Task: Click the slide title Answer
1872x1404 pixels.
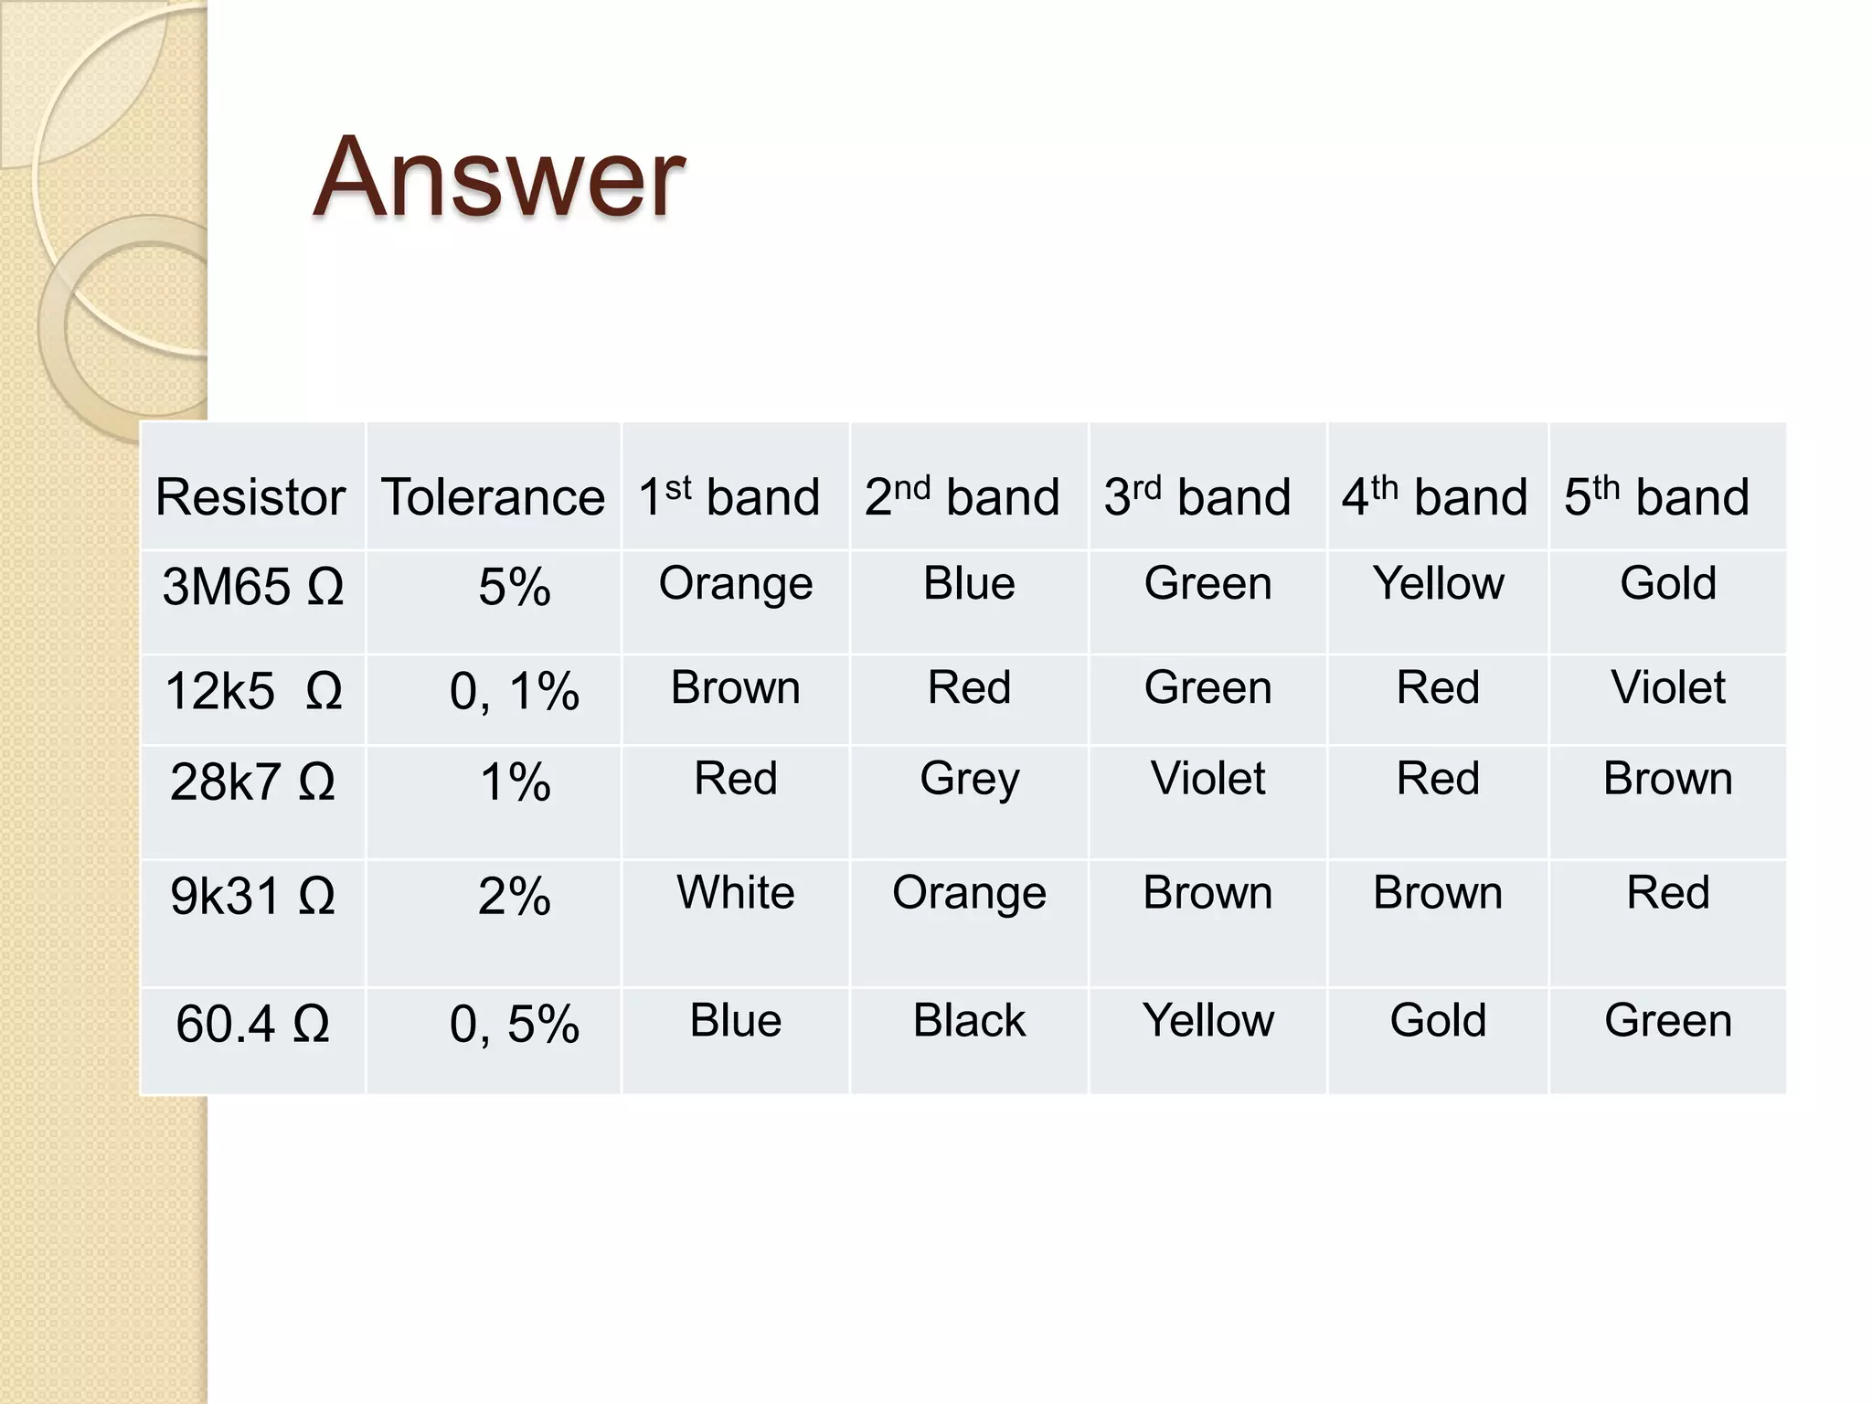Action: click(x=498, y=177)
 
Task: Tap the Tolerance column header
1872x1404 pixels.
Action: click(x=493, y=497)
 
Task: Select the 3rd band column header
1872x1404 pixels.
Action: click(x=1197, y=497)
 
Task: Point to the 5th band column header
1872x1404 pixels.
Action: click(x=1656, y=497)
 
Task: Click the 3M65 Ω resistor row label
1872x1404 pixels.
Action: click(x=252, y=587)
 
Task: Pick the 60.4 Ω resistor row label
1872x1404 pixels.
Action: click(x=252, y=1024)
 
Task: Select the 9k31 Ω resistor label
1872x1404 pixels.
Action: click(x=252, y=896)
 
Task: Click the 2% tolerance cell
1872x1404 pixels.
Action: click(x=515, y=896)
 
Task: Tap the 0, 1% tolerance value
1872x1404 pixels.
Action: click(x=515, y=691)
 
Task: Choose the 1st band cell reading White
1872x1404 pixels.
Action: click(x=736, y=892)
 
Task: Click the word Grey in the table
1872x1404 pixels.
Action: click(x=969, y=780)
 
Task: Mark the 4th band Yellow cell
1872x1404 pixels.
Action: click(x=1438, y=583)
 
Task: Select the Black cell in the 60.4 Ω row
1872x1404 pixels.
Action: click(x=969, y=1020)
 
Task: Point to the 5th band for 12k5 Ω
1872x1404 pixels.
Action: click(x=1668, y=687)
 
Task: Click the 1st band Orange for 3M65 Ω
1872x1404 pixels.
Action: click(x=736, y=584)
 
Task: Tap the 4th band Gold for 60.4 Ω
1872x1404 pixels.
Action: click(x=1438, y=1020)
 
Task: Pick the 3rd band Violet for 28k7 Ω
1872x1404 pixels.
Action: click(x=1207, y=779)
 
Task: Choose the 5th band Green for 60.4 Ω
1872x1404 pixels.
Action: click(x=1668, y=1020)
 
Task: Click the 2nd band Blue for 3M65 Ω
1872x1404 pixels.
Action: click(x=969, y=583)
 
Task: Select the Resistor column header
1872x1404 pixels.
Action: click(x=250, y=497)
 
